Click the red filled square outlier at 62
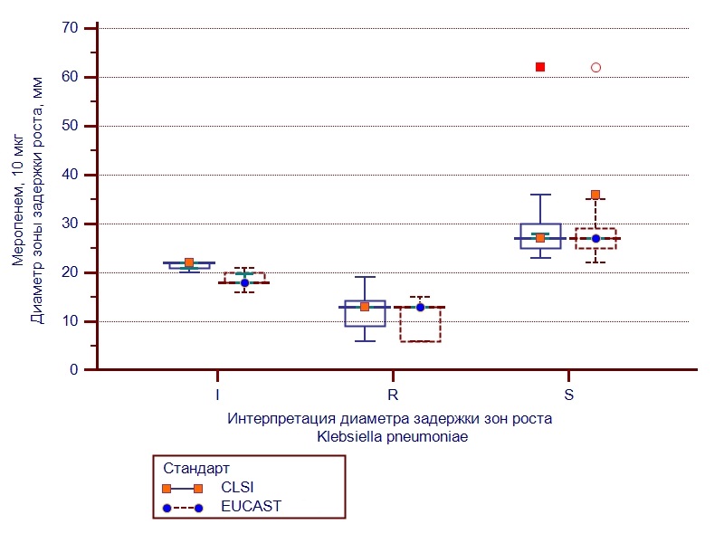tap(540, 67)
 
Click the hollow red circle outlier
tap(595, 67)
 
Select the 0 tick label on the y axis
tap(73, 370)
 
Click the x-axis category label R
tap(392, 395)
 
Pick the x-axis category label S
tap(567, 395)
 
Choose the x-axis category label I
tap(216, 395)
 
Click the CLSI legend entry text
tap(237, 488)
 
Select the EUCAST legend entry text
tap(251, 507)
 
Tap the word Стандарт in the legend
tap(196, 469)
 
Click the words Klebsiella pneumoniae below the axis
tap(392, 436)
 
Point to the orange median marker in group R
tap(365, 307)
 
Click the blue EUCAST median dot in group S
tap(595, 238)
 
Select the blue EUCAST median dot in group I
tap(244, 282)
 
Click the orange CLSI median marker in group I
tap(189, 262)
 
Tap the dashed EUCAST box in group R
tap(420, 326)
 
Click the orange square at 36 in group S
tap(595, 195)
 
